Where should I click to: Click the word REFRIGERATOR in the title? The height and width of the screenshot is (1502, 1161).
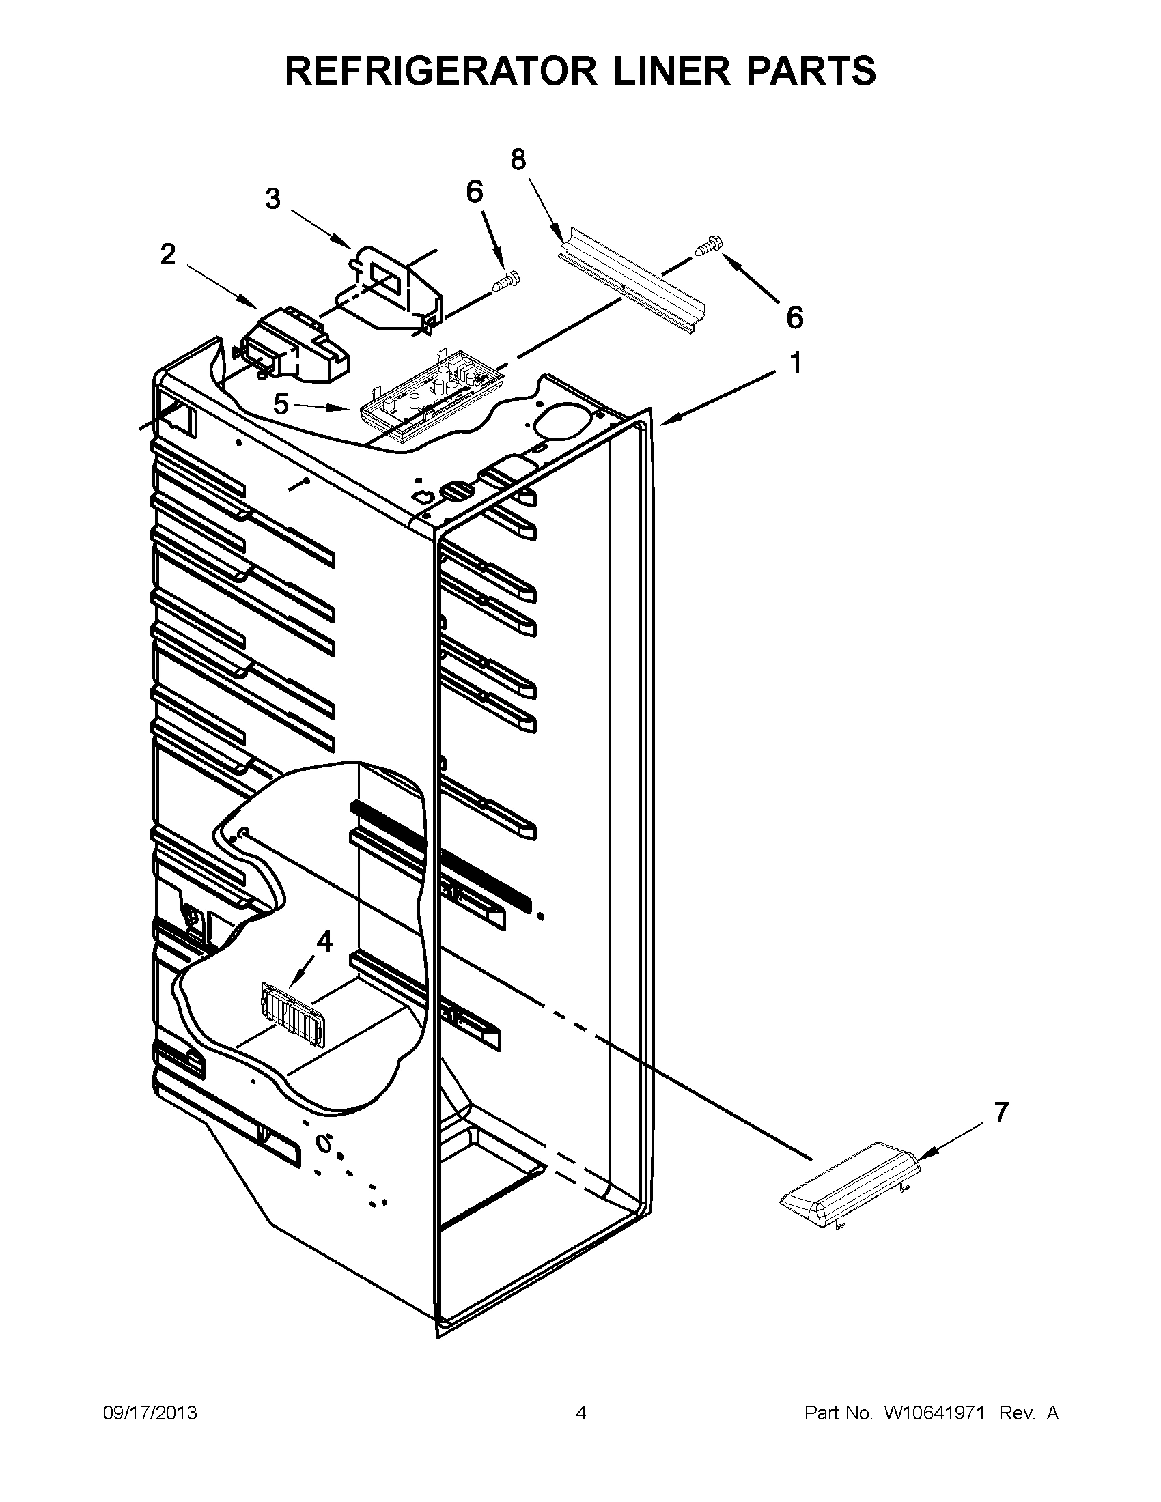[x=440, y=71]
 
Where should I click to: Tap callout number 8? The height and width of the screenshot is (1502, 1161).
[x=518, y=160]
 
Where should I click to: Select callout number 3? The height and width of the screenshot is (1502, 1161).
[x=273, y=199]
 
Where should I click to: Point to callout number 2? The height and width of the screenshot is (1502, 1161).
[x=168, y=255]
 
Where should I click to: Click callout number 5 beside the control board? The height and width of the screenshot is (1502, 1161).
[x=281, y=404]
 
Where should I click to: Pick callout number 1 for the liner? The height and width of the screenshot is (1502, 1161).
[x=795, y=364]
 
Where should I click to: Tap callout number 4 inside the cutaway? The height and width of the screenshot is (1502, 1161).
[x=324, y=941]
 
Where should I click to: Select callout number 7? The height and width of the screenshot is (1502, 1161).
[x=1001, y=1112]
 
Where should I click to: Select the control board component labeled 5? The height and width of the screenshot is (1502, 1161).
[x=430, y=402]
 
